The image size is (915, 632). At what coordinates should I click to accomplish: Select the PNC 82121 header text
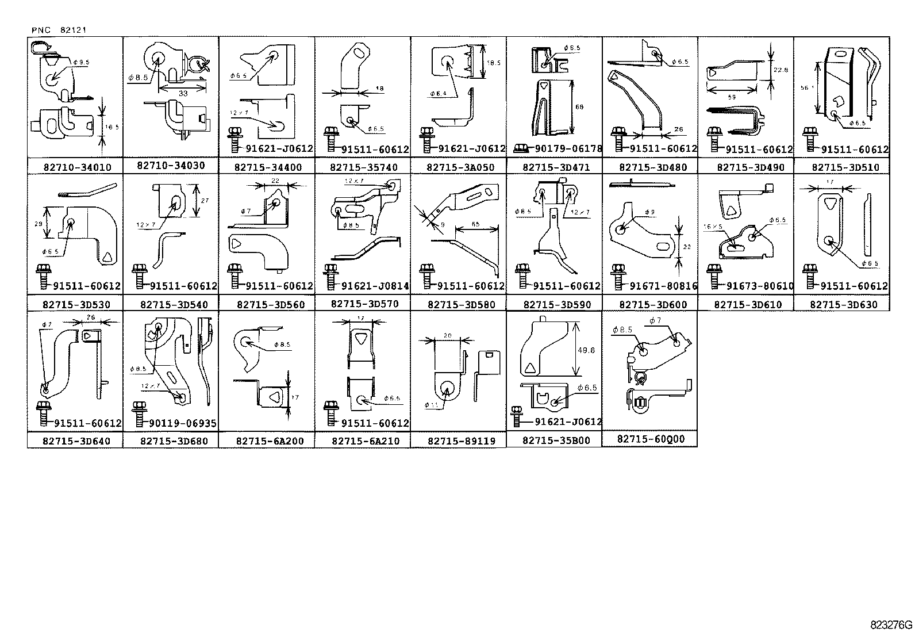pos(59,30)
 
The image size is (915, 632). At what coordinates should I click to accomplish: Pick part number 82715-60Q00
pos(651,439)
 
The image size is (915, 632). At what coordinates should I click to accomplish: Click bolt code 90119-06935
pos(183,424)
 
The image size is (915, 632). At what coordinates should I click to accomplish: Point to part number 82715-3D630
pos(843,304)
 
